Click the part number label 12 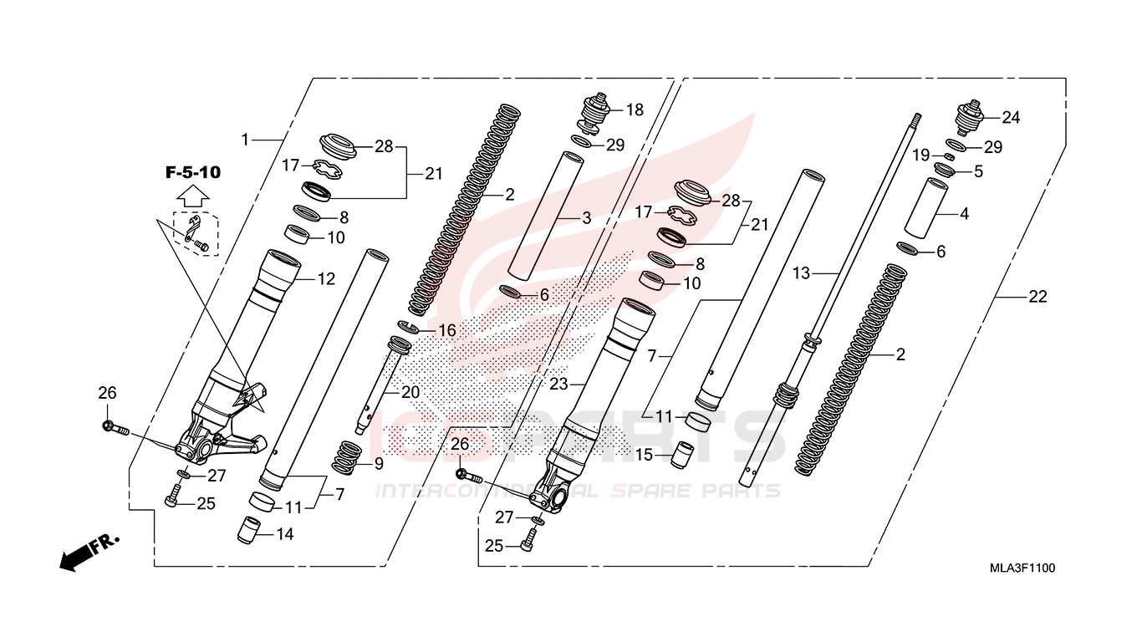click(x=326, y=279)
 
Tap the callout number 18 click(x=635, y=110)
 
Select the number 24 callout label click(x=1011, y=118)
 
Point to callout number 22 click(x=1037, y=297)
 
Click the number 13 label click(x=802, y=273)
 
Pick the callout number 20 click(x=410, y=392)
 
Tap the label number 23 click(x=558, y=384)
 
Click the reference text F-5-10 click(x=192, y=173)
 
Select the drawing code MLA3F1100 click(x=1022, y=568)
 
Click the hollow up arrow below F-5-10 click(x=193, y=197)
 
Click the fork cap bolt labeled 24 click(x=969, y=119)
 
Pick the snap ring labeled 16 click(x=407, y=327)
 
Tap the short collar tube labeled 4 click(x=925, y=206)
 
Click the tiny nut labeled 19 click(x=949, y=156)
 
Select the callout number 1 click(x=246, y=140)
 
